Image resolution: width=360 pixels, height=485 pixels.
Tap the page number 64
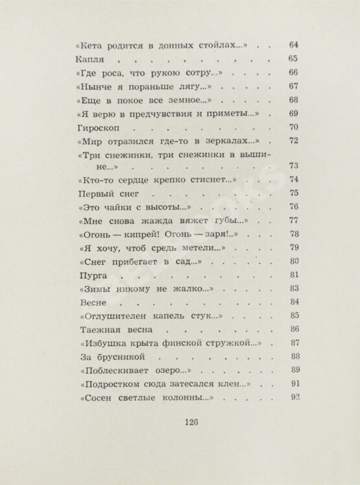[x=292, y=45]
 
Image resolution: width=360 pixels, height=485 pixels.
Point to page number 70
[x=292, y=127]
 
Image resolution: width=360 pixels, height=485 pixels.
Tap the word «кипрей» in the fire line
[x=141, y=234]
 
